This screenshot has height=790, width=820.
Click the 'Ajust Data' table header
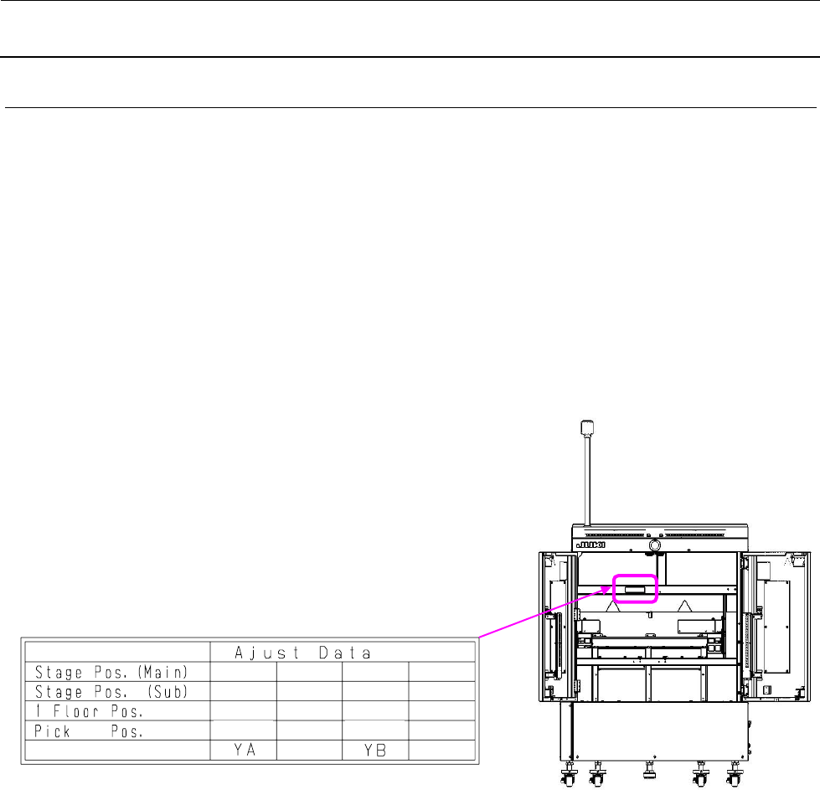tap(303, 653)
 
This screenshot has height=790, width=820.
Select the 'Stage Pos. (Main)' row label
tap(111, 672)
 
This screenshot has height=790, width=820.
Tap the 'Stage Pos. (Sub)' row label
tap(111, 692)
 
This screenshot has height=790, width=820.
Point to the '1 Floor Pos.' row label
tap(89, 711)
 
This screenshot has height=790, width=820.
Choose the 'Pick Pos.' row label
tap(89, 731)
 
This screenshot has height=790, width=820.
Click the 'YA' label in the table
tap(245, 750)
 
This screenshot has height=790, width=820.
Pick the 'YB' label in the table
tap(375, 751)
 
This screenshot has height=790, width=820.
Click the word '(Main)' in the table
tap(162, 672)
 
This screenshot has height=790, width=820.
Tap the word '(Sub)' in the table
tap(168, 692)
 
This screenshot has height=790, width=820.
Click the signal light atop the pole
tap(587, 427)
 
